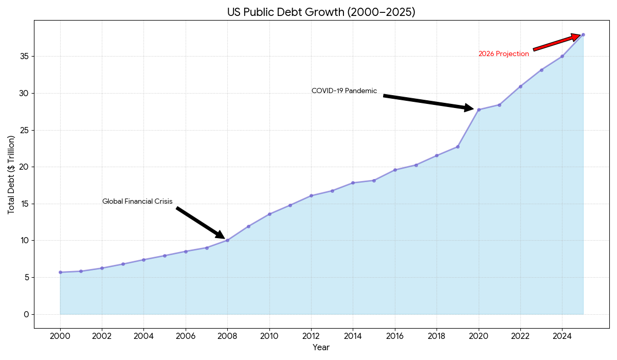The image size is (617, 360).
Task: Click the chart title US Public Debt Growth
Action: click(321, 12)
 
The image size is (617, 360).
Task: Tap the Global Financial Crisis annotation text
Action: click(137, 202)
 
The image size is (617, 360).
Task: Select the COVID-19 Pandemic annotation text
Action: click(344, 91)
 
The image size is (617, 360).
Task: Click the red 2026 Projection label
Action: click(503, 54)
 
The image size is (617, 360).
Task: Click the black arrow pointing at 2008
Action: click(201, 223)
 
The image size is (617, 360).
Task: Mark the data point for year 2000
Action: click(60, 272)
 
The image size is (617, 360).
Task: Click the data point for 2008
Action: click(227, 240)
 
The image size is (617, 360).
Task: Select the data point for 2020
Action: click(479, 110)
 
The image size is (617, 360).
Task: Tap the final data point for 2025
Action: click(583, 35)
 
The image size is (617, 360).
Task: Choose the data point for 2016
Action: click(395, 170)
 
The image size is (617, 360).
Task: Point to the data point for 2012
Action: click(311, 195)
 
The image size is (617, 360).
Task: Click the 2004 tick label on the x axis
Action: click(143, 336)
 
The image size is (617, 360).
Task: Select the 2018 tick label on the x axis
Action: click(437, 336)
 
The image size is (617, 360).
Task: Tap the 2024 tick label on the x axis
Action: click(562, 336)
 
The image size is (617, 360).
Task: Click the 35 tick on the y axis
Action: click(24, 57)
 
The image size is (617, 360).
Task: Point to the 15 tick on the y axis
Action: click(24, 204)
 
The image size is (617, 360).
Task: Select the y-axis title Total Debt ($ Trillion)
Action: click(11, 175)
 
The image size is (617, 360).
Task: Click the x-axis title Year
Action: click(321, 348)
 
